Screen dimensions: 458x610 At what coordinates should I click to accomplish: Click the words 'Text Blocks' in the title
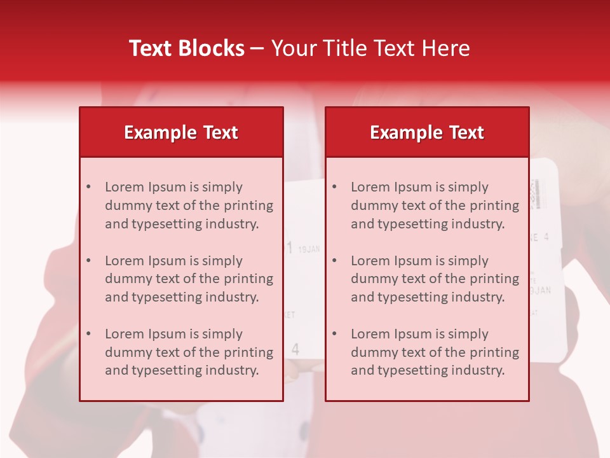point(186,48)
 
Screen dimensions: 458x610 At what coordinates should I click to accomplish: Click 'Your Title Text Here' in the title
point(370,48)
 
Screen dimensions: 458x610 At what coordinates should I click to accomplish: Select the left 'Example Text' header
point(181,132)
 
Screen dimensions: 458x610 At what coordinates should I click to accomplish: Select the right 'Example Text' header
point(427,132)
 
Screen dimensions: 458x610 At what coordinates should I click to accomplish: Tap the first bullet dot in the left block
point(88,187)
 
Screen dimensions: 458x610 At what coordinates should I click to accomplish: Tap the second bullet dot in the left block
point(88,261)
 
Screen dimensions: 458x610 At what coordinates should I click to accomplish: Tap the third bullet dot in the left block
point(88,334)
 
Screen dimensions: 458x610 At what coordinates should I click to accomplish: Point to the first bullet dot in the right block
point(334,187)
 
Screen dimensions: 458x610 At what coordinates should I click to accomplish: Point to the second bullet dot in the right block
point(334,261)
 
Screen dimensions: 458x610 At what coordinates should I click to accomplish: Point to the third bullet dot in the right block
point(334,334)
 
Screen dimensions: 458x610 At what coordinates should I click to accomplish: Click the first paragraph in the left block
point(189,205)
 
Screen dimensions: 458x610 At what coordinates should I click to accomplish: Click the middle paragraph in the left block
point(189,279)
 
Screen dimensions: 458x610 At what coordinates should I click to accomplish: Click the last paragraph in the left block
point(189,352)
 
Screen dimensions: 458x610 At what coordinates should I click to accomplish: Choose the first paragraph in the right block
point(435,205)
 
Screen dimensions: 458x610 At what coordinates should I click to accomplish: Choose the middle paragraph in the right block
point(435,279)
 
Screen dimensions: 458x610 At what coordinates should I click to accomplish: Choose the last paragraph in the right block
point(435,352)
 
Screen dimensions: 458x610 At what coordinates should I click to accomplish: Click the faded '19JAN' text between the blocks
point(309,249)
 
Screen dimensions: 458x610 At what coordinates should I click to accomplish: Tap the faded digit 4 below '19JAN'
point(295,349)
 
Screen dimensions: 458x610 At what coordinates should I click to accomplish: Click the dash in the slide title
point(257,48)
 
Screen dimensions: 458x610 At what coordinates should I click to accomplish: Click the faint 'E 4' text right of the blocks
point(539,237)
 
